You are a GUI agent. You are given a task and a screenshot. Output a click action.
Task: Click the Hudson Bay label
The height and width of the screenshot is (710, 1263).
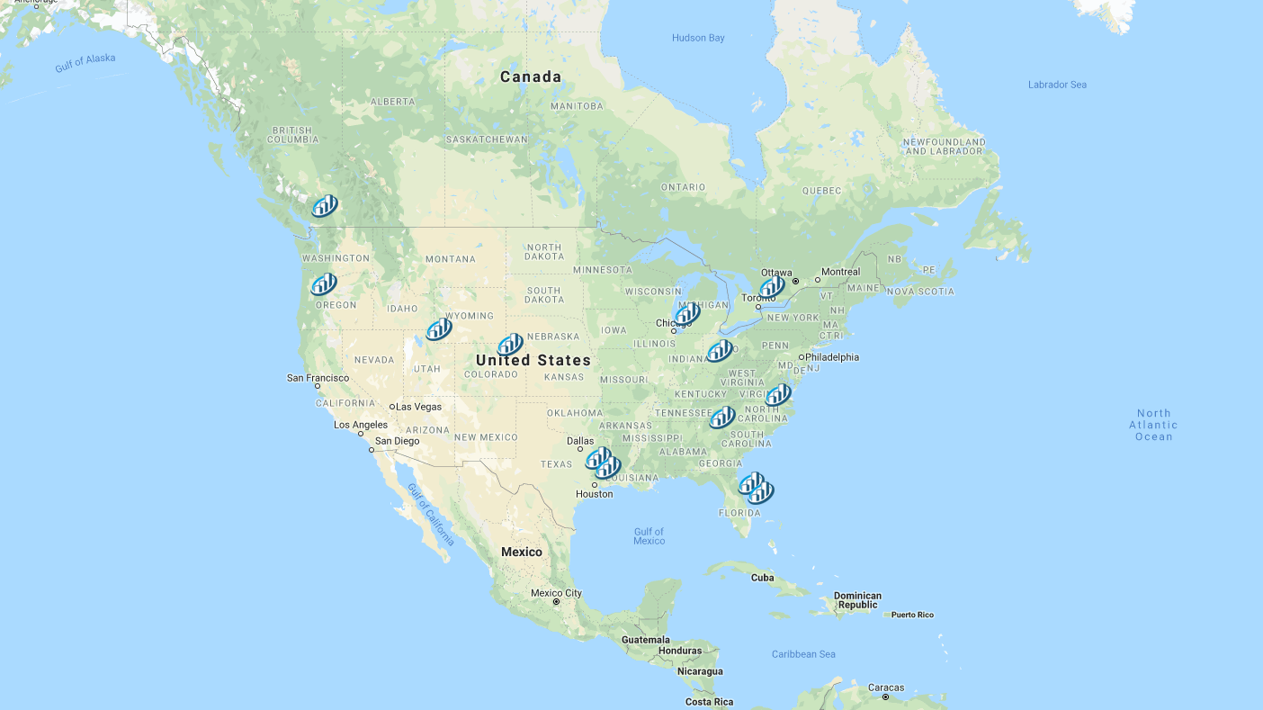pos(697,38)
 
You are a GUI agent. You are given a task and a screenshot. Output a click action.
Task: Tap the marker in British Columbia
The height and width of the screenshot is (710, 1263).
pos(325,206)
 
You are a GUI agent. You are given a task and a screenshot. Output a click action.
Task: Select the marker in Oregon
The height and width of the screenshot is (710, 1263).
pos(324,284)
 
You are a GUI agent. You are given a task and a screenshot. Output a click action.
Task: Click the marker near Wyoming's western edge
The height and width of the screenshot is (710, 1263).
pos(439,329)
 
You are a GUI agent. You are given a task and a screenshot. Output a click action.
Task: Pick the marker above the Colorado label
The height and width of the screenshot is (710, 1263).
pos(510,345)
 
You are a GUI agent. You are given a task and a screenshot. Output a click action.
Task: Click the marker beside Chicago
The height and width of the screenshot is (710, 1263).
pos(688,314)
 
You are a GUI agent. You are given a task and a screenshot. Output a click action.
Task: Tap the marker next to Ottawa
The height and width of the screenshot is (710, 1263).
pos(772,287)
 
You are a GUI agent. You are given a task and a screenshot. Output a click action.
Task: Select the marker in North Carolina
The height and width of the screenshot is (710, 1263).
pos(778,395)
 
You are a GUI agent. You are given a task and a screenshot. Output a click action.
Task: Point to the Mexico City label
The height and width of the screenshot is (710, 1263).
pos(556,593)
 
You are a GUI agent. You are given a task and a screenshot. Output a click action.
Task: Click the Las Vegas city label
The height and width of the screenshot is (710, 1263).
pos(419,407)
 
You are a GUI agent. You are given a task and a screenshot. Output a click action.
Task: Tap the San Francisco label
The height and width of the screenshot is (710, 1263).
pos(318,378)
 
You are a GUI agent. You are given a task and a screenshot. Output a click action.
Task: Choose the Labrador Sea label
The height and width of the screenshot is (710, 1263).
pos(1057,85)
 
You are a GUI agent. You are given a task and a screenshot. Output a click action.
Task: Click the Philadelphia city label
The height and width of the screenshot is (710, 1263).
pos(831,357)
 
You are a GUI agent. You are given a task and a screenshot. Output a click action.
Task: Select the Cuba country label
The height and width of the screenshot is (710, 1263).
pos(762,578)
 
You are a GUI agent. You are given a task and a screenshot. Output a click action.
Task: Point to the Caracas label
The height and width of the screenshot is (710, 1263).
pos(885,688)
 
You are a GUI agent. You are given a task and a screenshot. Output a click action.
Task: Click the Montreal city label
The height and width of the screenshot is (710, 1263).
pos(840,272)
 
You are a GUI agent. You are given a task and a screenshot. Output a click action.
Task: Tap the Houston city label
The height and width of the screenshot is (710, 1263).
pos(594,494)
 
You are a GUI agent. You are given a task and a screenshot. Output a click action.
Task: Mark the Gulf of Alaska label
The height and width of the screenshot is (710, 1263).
pos(85,62)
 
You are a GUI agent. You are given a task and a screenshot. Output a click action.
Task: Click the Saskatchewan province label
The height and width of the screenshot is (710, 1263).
pos(487,139)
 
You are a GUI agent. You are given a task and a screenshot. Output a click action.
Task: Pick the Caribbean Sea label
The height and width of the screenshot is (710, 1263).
pos(803,654)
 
